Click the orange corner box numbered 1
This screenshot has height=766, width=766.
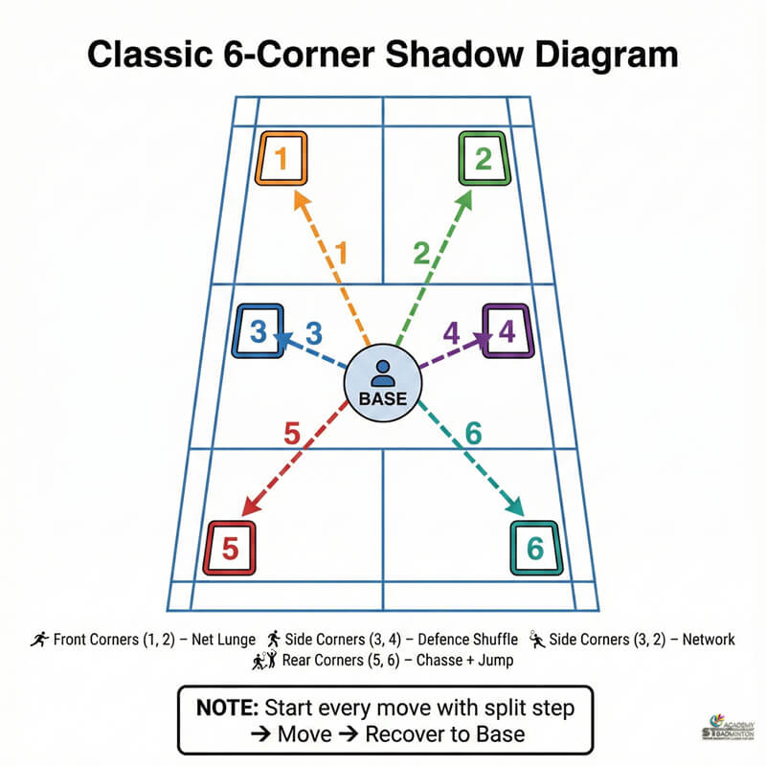pyautogui.click(x=281, y=158)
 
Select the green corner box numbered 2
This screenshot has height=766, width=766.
pyautogui.click(x=484, y=158)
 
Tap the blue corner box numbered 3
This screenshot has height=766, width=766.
pyautogui.click(x=259, y=331)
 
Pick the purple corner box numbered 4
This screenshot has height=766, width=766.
pyautogui.click(x=507, y=331)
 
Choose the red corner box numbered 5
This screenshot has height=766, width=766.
pyautogui.click(x=231, y=549)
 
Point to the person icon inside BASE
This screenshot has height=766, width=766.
pyautogui.click(x=382, y=370)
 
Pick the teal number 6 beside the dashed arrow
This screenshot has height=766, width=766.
pyautogui.click(x=472, y=433)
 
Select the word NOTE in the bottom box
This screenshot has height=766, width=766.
pyautogui.click(x=227, y=710)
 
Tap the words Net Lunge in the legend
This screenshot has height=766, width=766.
pyautogui.click(x=221, y=639)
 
